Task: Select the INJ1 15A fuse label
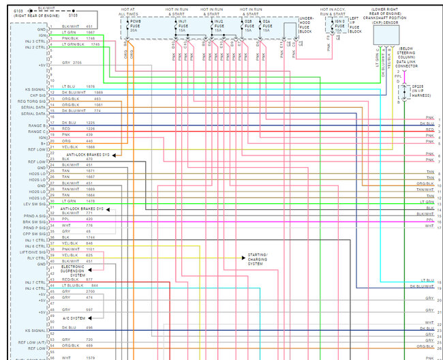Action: pyautogui.click(x=182, y=26)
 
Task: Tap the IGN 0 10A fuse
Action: pyautogui.click(x=338, y=26)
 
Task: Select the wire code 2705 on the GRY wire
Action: pyautogui.click(x=77, y=62)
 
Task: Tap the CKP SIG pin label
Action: pyautogui.click(x=37, y=95)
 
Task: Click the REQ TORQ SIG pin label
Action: pyautogui.click(x=33, y=100)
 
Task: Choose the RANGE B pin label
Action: pyautogui.click(x=37, y=125)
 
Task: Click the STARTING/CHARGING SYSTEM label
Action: pyautogui.click(x=258, y=259)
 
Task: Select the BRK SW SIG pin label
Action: pyautogui.click(x=35, y=221)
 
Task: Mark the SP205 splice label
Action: pyautogui.click(x=418, y=91)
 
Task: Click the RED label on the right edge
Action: pyautogui.click(x=429, y=130)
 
